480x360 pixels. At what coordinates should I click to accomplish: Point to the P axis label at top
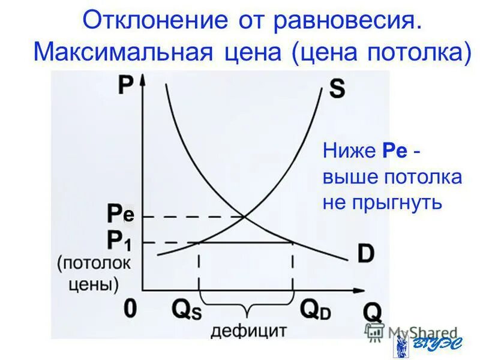pyautogui.click(x=125, y=85)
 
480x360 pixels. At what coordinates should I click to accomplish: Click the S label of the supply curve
pyautogui.click(x=337, y=89)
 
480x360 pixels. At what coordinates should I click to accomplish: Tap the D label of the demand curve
pyautogui.click(x=365, y=253)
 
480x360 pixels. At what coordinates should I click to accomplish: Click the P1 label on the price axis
pyautogui.click(x=119, y=241)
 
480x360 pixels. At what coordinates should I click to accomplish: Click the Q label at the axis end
pyautogui.click(x=372, y=311)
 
